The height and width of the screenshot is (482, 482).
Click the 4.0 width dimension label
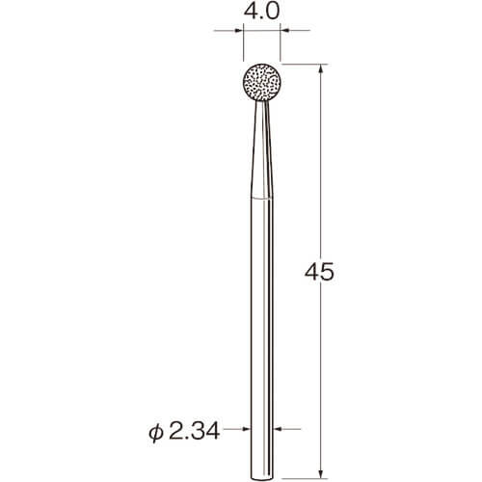pos(261,12)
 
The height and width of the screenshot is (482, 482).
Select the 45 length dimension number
pos(319,273)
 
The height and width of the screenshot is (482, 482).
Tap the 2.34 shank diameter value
pos(194,431)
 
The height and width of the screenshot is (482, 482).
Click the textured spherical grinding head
pos(262,83)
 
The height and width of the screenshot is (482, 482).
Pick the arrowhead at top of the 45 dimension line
pos(320,68)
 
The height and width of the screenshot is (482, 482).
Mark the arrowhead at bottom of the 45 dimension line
pos(320,474)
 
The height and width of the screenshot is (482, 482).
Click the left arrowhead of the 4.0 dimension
pos(239,31)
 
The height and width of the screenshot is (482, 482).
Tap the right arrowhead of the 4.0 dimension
pos(284,31)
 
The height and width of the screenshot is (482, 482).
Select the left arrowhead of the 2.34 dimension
pos(246,429)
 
